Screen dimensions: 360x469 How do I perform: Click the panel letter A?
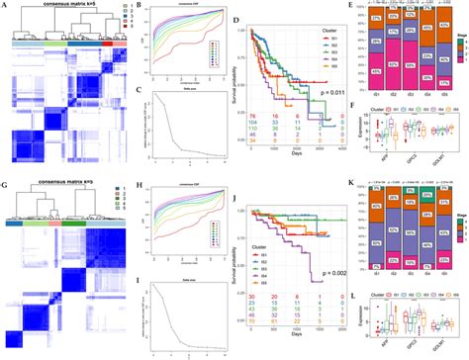4,6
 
